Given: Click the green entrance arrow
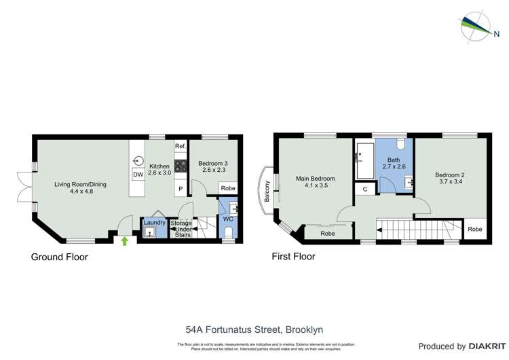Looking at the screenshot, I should pos(124,240).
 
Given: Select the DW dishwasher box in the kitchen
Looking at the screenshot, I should pos(138,175).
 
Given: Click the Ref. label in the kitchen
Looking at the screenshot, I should pos(181,147).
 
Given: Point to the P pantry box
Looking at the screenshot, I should pos(181,188).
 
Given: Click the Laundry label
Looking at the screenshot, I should pos(155,222).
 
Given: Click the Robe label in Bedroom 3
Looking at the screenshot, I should pos(228,188).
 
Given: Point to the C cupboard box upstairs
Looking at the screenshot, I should pos(365,189).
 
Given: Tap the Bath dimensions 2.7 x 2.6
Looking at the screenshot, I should pos(394,166).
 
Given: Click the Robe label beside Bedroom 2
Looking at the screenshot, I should pos(476,229).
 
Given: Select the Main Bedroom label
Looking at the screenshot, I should pos(315,179).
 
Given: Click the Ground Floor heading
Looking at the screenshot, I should pos(60,257).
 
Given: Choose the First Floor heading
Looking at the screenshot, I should pos(293,257).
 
